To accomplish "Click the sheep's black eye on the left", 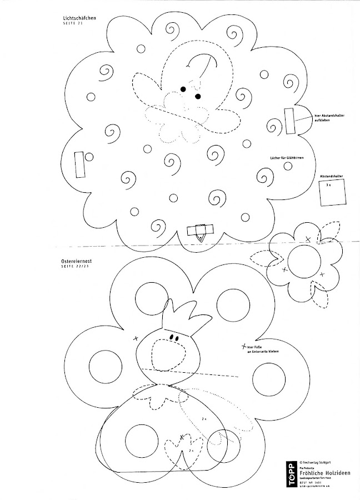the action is point(183,89).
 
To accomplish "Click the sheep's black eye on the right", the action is point(197,97).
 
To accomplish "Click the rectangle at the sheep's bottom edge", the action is point(200,229).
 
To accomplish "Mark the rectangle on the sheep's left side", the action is point(78,164).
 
